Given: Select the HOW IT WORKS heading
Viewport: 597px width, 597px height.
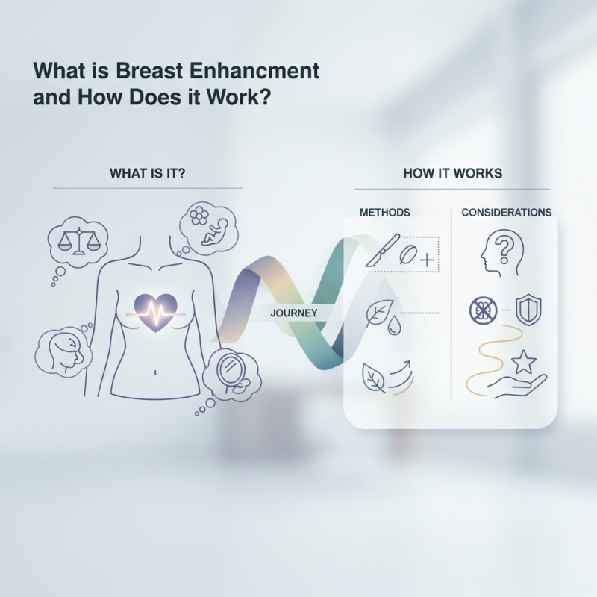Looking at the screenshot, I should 452,173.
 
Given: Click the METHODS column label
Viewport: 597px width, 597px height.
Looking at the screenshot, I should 384,213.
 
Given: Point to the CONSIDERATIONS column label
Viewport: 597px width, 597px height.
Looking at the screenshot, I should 507,213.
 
